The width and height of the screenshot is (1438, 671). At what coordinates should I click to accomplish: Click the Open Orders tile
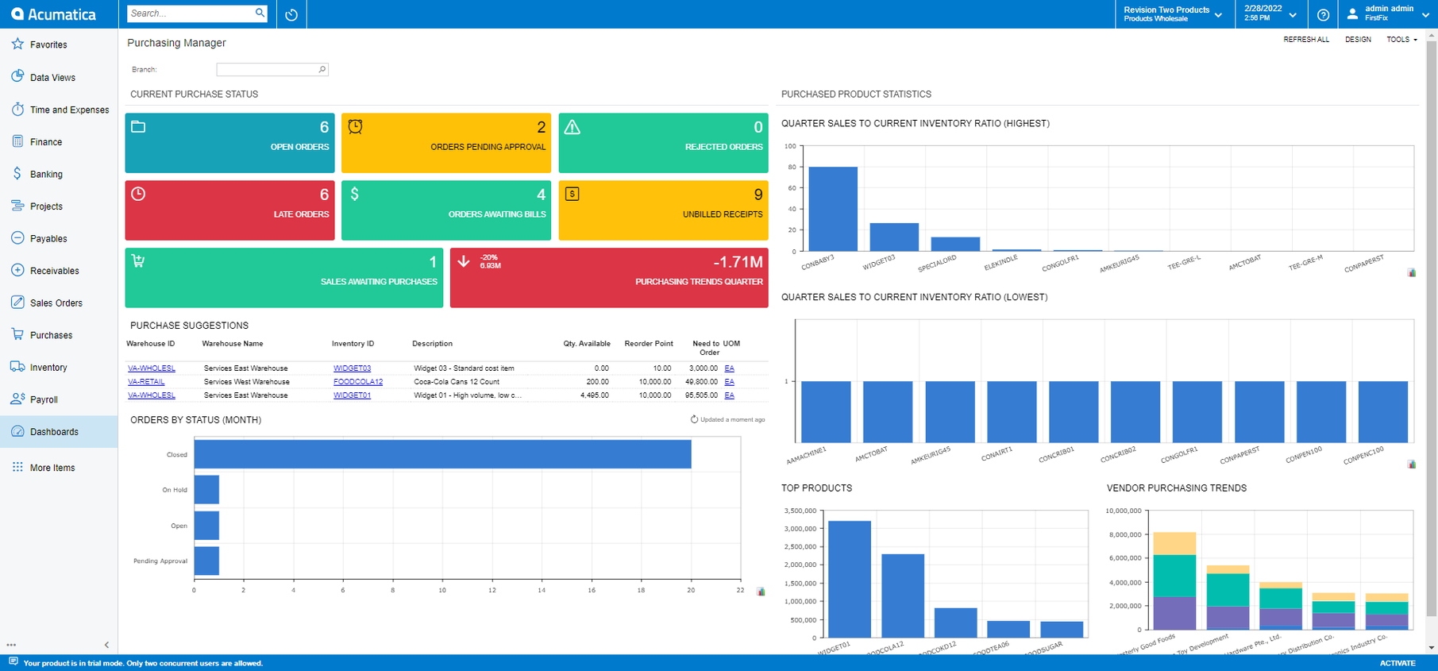coord(229,143)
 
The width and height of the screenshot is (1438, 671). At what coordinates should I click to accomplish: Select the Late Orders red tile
coord(229,210)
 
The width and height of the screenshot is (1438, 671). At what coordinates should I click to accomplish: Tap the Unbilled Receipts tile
coord(663,210)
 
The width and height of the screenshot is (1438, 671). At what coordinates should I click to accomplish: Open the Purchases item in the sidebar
coord(51,335)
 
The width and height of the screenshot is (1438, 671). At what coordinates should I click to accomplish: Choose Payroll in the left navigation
coord(44,399)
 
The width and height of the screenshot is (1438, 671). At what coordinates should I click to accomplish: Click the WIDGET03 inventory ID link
coord(352,368)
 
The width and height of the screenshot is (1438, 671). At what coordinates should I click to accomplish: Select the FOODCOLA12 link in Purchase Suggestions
coord(357,382)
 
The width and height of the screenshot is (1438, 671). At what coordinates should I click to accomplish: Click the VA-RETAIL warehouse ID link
coord(146,382)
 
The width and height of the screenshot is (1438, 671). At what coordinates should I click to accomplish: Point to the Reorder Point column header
coord(648,344)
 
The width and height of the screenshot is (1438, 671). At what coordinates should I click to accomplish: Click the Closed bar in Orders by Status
coord(442,454)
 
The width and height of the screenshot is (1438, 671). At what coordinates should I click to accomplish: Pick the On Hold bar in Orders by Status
coord(206,490)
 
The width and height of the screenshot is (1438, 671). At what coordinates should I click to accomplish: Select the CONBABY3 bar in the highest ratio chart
coord(832,209)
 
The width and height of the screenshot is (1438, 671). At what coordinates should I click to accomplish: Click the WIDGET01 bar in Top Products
coord(849,579)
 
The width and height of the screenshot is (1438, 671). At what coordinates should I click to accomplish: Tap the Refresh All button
coord(1305,40)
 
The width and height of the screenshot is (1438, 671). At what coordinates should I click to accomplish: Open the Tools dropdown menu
coord(1401,40)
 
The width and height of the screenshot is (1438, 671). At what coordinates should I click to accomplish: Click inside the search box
coord(191,13)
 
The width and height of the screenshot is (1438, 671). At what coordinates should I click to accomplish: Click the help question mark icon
coord(1323,14)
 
